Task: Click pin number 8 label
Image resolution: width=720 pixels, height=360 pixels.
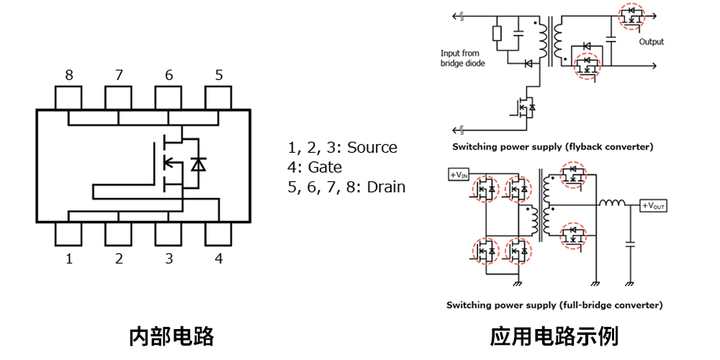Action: (68, 75)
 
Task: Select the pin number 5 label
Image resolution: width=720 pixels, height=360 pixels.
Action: (218, 75)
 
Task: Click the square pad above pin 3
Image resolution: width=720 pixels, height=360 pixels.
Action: (168, 234)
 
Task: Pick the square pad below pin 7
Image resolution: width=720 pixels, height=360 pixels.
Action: (118, 97)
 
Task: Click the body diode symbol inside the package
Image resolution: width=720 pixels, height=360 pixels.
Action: (199, 164)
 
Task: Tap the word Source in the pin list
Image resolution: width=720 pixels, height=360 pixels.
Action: (372, 148)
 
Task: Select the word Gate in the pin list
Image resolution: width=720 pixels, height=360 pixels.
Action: (325, 167)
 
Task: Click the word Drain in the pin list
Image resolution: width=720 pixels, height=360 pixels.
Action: (386, 187)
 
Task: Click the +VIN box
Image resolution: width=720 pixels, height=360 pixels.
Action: (458, 175)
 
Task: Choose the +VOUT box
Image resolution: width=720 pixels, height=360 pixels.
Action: (654, 206)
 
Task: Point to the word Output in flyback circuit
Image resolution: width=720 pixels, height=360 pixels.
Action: (652, 42)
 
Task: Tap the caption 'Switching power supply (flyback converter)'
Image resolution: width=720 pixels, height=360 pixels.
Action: (552, 147)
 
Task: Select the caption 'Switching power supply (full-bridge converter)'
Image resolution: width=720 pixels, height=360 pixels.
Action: (554, 305)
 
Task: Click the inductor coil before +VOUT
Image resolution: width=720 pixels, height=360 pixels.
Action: (613, 205)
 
